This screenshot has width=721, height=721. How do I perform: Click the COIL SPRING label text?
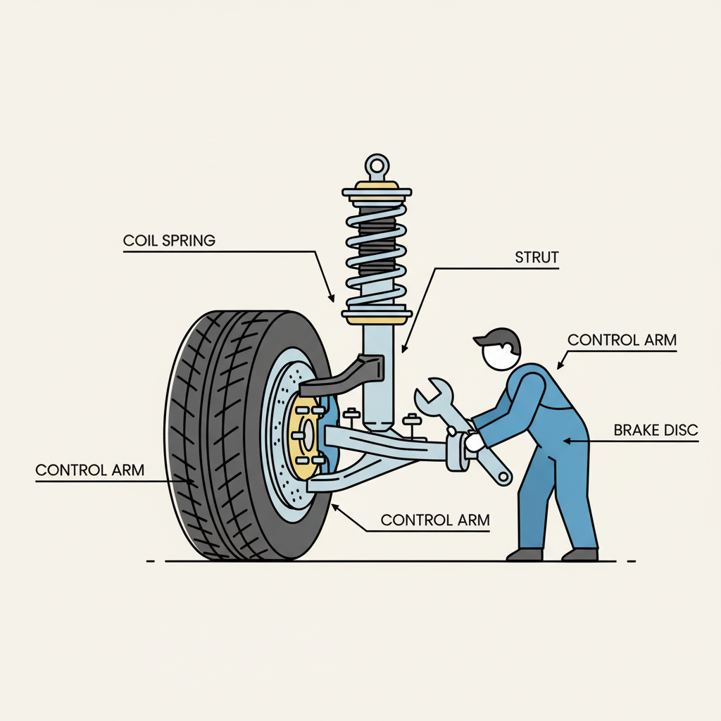pyautogui.click(x=169, y=241)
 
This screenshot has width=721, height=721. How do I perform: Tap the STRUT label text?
pyautogui.click(x=537, y=257)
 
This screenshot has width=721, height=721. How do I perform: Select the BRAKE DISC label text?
pyautogui.click(x=656, y=430)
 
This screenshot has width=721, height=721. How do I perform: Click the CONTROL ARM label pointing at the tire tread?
pyautogui.click(x=89, y=470)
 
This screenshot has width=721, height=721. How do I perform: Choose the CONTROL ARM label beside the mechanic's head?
pyautogui.click(x=622, y=340)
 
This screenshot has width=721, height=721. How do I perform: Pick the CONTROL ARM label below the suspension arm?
pyautogui.click(x=435, y=520)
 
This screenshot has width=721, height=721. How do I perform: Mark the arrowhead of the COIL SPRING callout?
pyautogui.click(x=332, y=298)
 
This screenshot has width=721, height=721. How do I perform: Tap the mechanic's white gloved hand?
pyautogui.click(x=473, y=442)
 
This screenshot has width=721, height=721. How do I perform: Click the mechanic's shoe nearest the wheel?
pyautogui.click(x=525, y=555)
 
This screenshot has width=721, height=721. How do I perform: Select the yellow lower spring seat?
pyautogui.click(x=377, y=320)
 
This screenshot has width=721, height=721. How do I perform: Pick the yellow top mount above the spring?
pyautogui.click(x=377, y=186)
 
